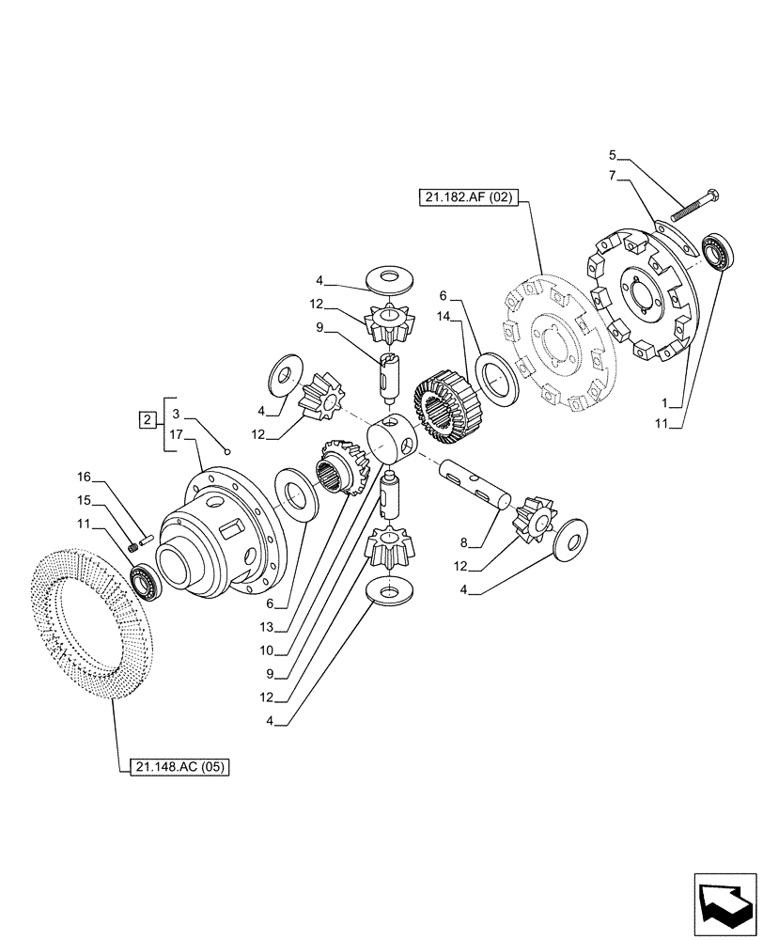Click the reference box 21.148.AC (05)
pyautogui.click(x=175, y=767)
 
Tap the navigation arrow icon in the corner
pyautogui.click(x=724, y=902)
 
